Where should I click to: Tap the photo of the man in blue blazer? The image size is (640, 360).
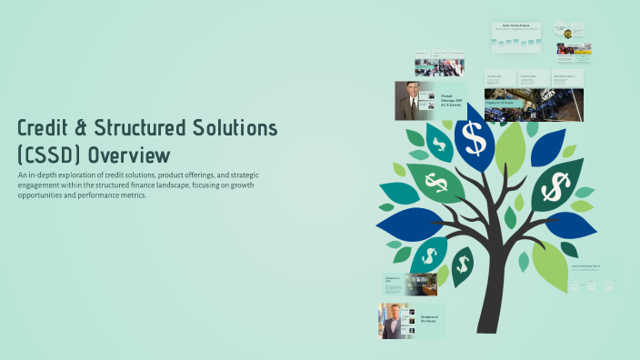393,322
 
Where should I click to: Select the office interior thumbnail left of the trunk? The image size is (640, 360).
422,285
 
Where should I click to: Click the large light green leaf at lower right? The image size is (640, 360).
549,265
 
